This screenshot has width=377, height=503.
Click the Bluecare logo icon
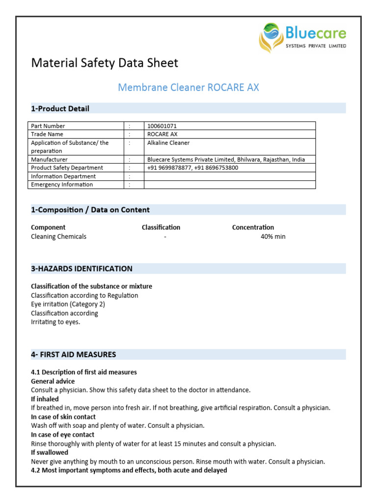[x=271, y=37]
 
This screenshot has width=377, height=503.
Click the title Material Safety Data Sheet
[x=105, y=63]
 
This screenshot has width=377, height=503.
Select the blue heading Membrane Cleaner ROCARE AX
[x=188, y=88]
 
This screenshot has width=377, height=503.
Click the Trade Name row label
[x=47, y=134]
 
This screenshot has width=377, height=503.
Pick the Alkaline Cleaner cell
[x=168, y=143]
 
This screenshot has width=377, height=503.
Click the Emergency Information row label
[x=62, y=185]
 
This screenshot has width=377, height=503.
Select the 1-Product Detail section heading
[x=60, y=109]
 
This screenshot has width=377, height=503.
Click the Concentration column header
[x=253, y=227]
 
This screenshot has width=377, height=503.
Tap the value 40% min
[x=273, y=237]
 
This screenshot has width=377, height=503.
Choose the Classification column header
[x=161, y=227]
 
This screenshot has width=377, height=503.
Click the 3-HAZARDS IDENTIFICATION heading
[x=81, y=269]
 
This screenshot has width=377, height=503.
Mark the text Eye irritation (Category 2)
[x=68, y=305]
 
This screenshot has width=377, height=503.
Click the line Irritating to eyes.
[x=55, y=322]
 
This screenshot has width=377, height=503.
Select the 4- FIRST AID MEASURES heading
[x=74, y=354]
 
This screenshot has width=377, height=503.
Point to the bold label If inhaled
[x=45, y=399]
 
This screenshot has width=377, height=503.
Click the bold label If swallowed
[x=50, y=452]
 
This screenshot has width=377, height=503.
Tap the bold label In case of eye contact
[x=62, y=435]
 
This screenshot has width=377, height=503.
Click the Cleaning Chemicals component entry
[x=58, y=237]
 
